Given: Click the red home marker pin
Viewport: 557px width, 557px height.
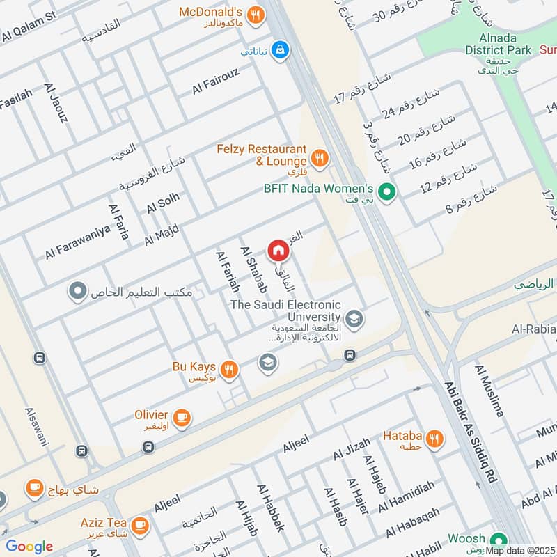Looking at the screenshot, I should pos(277,249).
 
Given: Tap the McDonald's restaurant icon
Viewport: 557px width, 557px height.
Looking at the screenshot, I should pos(256,13).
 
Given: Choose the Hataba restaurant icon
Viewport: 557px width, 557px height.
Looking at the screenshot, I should pos(434,438).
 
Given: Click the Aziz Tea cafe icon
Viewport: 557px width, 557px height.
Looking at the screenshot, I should pos(140,523).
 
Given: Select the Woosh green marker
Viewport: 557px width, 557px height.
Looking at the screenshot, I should pos(497,540).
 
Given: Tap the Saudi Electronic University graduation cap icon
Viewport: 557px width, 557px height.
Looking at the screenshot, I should pos(354,318).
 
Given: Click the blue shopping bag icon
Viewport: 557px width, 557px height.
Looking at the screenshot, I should pos(280,50).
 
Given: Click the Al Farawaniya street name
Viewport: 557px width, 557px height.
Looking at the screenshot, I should pos(80,241).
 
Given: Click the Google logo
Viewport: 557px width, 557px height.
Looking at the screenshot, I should pos(29,547).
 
